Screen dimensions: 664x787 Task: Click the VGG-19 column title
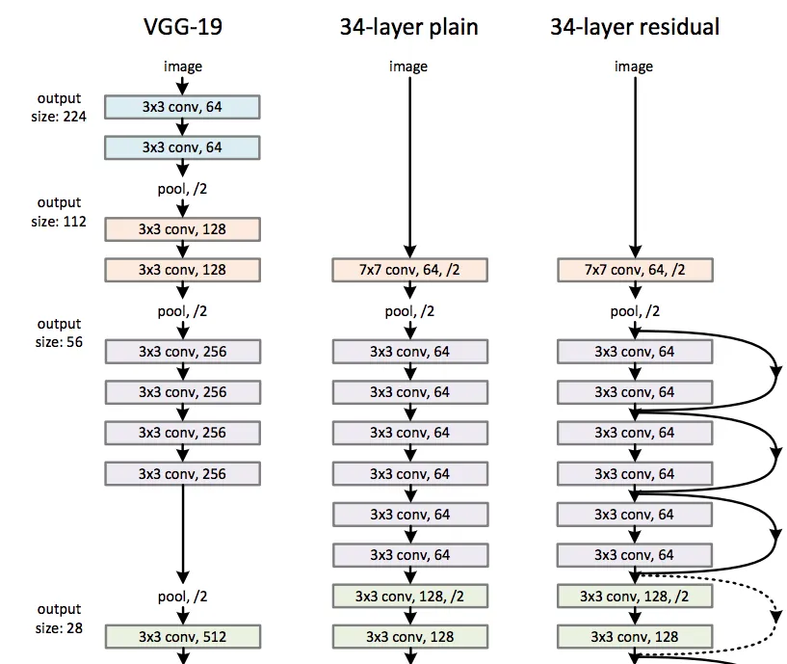(182, 26)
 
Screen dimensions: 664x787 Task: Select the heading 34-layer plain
(408, 26)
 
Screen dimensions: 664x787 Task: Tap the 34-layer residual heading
(634, 26)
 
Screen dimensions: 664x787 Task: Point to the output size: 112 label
(60, 212)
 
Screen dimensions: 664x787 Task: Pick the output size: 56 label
(60, 332)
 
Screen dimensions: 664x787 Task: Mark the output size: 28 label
(60, 618)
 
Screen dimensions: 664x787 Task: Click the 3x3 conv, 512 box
(182, 636)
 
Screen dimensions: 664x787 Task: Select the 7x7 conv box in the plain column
(410, 270)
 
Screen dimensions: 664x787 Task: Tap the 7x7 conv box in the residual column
(635, 270)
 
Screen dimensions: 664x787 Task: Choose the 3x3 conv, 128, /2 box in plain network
(410, 596)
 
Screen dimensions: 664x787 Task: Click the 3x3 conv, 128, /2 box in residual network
(635, 596)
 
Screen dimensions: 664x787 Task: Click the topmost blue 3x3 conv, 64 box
(182, 107)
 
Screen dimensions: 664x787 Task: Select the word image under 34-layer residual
(634, 66)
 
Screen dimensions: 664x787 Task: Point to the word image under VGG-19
(183, 66)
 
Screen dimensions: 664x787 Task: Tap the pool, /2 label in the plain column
(410, 311)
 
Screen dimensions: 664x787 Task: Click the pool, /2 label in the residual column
(635, 311)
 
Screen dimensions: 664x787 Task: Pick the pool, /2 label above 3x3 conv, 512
(183, 597)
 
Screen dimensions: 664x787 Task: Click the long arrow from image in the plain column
(410, 164)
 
